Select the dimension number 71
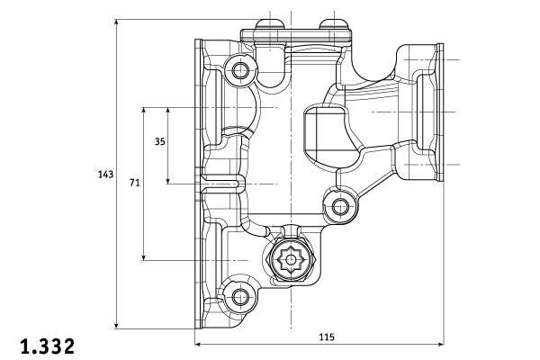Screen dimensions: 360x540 pos(134,183)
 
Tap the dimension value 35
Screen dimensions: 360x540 pos(159,141)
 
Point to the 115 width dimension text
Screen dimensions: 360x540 pos(326,337)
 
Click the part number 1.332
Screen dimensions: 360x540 pos(47,345)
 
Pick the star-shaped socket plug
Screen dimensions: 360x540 pos(291,260)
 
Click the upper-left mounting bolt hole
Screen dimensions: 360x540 pos(240,70)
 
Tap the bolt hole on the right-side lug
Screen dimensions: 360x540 pos(341,207)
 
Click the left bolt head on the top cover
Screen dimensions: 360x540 pos(264,22)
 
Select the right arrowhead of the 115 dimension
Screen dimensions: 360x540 pos(440,345)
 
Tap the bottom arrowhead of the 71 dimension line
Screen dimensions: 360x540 pos(144,258)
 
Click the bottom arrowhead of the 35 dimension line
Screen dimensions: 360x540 pos(168,181)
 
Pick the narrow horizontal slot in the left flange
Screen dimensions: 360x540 pos(221,184)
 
